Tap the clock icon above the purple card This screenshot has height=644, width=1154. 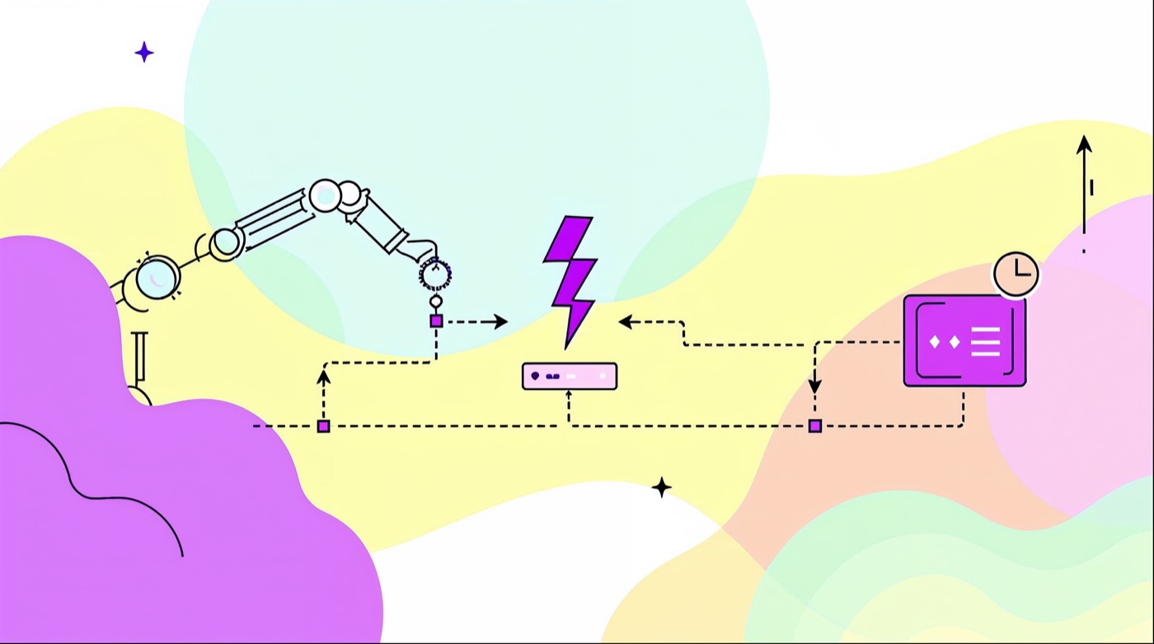pyautogui.click(x=1016, y=274)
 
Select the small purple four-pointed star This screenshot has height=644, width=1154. pyautogui.click(x=144, y=53)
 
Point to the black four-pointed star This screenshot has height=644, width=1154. pyautogui.click(x=661, y=487)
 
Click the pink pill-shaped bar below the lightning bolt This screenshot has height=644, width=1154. pyautogui.click(x=570, y=376)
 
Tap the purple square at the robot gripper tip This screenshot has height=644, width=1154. pyautogui.click(x=437, y=321)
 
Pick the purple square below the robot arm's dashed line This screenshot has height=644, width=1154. pyautogui.click(x=324, y=426)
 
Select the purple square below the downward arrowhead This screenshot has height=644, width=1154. pyautogui.click(x=815, y=425)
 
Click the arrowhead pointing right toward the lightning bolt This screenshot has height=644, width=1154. pyautogui.click(x=500, y=322)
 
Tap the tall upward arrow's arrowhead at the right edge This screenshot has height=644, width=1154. pyautogui.click(x=1084, y=144)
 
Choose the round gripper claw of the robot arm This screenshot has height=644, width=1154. pyautogui.click(x=435, y=273)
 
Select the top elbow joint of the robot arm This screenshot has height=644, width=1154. pyautogui.click(x=326, y=195)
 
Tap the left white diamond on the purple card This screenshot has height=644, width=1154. pyautogui.click(x=936, y=341)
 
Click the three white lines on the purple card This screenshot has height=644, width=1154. pyautogui.click(x=985, y=341)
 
